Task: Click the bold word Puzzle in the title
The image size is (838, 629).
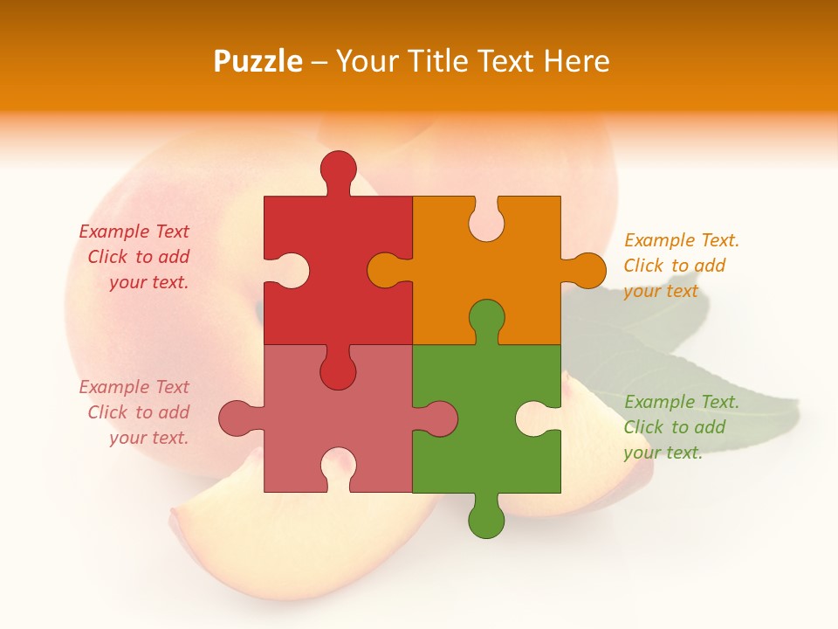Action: [x=258, y=61]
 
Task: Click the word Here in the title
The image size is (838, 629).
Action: [x=576, y=61]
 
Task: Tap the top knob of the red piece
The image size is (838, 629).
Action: [x=338, y=169]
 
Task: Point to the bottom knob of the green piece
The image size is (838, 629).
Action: [x=486, y=520]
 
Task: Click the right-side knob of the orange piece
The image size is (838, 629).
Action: [x=587, y=270]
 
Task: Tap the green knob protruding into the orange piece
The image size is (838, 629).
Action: [x=486, y=319]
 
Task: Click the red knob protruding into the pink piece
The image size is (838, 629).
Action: [x=338, y=372]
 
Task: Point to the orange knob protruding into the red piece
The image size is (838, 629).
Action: [x=386, y=270]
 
